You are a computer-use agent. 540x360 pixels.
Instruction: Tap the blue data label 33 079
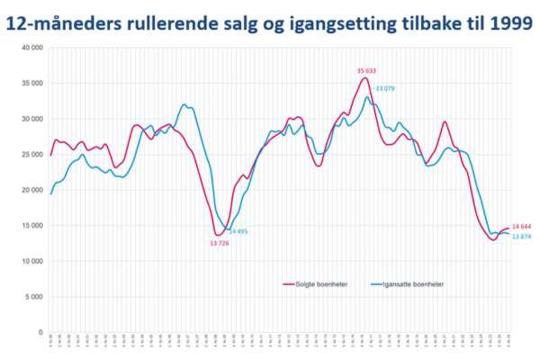click(384, 87)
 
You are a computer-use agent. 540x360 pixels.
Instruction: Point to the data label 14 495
click(237, 231)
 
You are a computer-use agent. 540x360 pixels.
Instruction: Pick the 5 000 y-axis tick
click(33, 297)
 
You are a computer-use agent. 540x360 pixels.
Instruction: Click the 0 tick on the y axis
click(40, 332)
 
